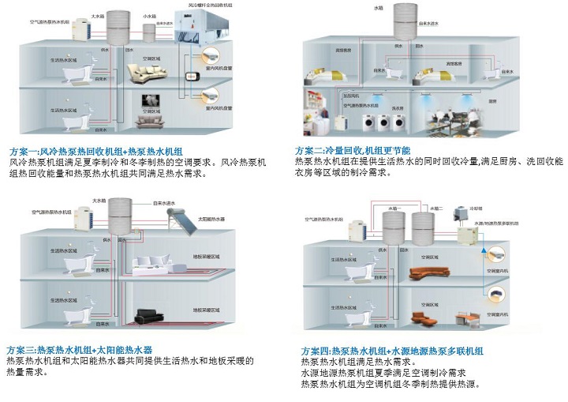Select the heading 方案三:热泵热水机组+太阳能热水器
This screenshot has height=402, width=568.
coord(80,349)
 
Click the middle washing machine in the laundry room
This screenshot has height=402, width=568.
coord(383,122)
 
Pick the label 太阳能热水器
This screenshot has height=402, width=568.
coord(210,219)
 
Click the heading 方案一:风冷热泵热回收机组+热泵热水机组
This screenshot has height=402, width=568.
coord(95,150)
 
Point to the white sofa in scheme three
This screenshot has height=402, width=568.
coord(150,265)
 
